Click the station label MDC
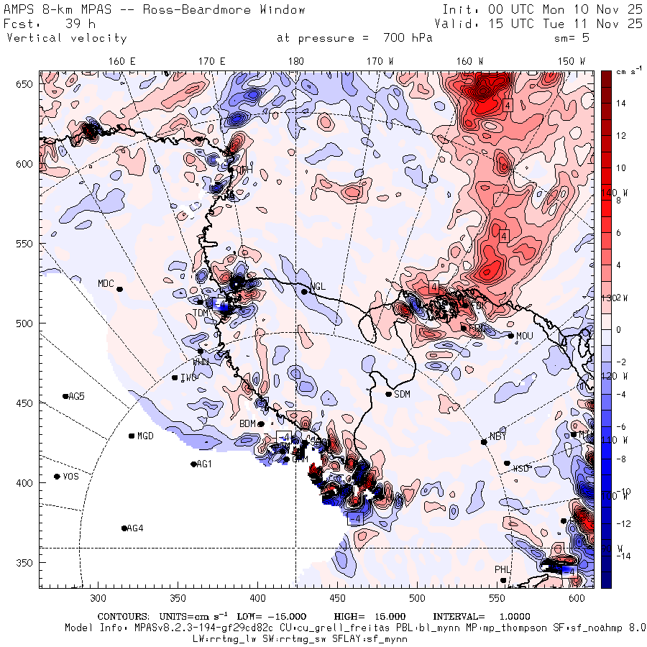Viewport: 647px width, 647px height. pos(105,283)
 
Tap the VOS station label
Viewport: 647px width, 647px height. pos(70,477)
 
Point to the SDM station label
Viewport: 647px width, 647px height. pos(403,394)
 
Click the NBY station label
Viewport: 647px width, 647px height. pos(497,436)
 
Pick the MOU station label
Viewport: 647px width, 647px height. pos(525,336)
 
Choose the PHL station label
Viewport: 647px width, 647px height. pos(502,570)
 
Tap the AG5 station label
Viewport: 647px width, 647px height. pos(76,396)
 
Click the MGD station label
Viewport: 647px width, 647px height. pos(145,436)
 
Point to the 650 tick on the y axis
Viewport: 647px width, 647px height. pos(27,85)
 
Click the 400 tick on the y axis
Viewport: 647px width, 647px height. pos(27,483)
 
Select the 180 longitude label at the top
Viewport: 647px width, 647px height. pos(295,62)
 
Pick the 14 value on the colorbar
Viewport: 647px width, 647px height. pos(622,104)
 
